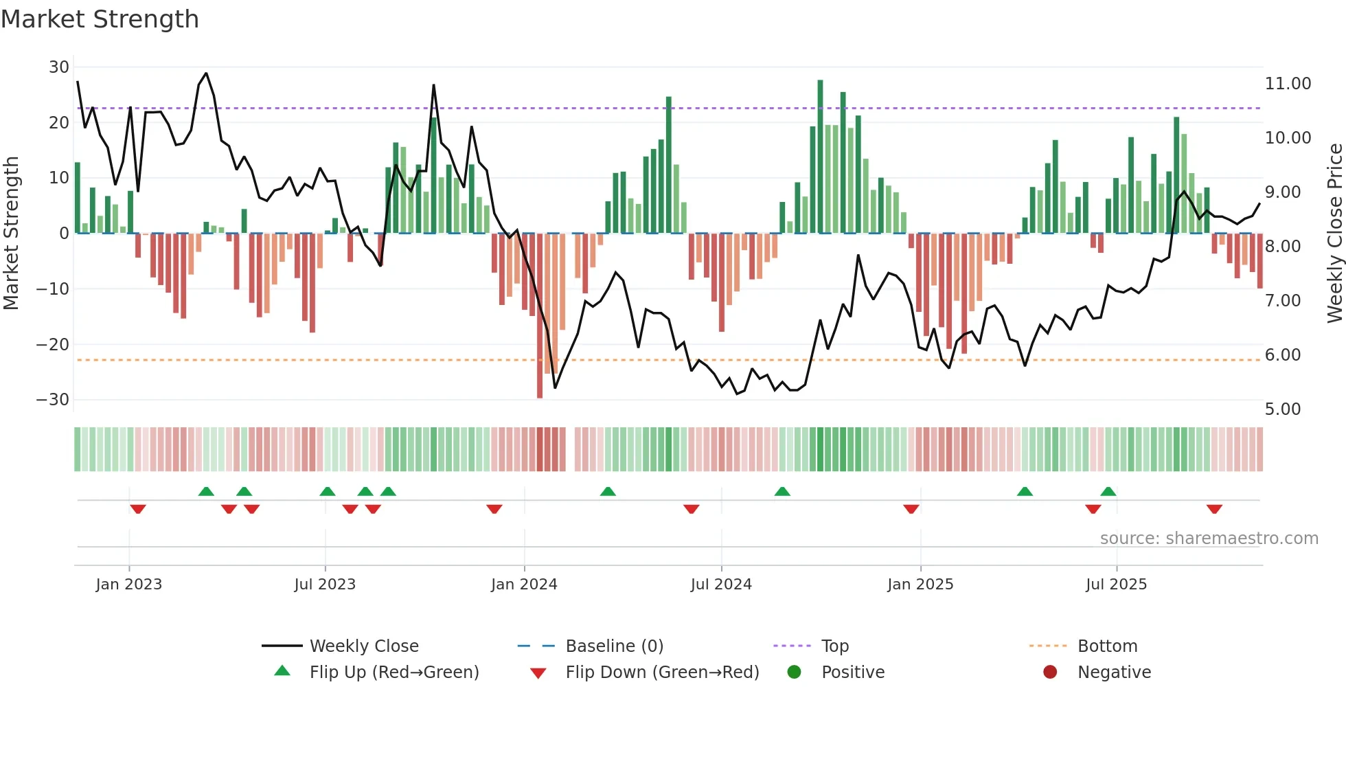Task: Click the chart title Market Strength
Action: (x=100, y=19)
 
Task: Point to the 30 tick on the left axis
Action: (x=59, y=67)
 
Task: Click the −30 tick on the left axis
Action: (x=54, y=400)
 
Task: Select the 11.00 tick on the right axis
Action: (x=1288, y=84)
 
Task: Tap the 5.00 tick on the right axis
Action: (x=1282, y=409)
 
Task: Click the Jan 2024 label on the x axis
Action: (x=524, y=585)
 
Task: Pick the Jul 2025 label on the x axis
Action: (x=1116, y=585)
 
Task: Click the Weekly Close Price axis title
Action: (x=1334, y=234)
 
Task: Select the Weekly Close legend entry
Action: (x=363, y=646)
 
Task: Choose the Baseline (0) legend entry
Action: (x=614, y=646)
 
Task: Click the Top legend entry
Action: (x=834, y=646)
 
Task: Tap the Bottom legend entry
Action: (x=1107, y=646)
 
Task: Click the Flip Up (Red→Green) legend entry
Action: (x=393, y=673)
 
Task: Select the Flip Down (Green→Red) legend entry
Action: (x=662, y=673)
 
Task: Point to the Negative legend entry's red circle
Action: (x=1050, y=672)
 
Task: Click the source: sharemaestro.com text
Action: (x=1209, y=539)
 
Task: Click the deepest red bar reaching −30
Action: (x=540, y=316)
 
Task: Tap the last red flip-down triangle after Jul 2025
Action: (x=1214, y=509)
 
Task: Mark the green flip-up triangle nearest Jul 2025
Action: (x=1108, y=491)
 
